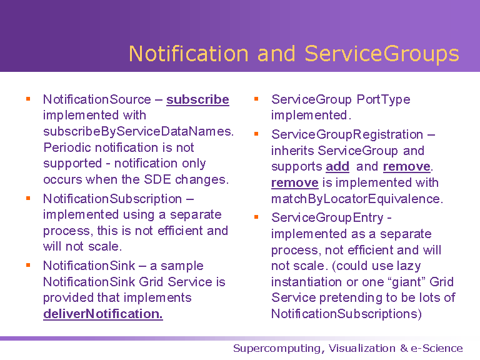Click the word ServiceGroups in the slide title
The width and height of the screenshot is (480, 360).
pos(382,54)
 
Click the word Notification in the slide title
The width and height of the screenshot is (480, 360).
pos(188,54)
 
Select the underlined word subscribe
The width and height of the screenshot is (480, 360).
pos(197,99)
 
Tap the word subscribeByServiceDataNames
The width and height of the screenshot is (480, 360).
pos(138,131)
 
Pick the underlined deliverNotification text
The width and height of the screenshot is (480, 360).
pos(103,314)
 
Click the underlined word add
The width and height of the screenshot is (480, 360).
pos(337,166)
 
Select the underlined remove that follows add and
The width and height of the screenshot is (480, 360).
pos(407,166)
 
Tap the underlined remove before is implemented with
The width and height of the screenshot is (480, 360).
pos(295,182)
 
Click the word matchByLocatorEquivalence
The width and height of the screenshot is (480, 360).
pos(357,199)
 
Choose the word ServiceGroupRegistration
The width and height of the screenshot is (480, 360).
pos(347,134)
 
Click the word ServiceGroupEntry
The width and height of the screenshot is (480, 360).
pos(327,218)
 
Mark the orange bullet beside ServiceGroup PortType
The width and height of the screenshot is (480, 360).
pos(256,99)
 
